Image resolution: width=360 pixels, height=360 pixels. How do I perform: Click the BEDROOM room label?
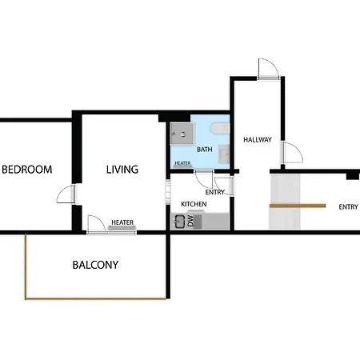point(27,170)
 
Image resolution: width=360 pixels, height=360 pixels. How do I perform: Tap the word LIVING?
point(122,170)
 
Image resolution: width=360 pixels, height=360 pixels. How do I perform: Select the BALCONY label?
point(95,265)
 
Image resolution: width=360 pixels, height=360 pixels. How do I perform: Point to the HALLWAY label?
point(258,139)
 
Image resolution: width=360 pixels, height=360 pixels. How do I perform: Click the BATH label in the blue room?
point(205,150)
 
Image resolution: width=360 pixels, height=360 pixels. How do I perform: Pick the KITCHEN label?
point(194,204)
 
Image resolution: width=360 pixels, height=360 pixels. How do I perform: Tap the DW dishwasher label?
point(190,221)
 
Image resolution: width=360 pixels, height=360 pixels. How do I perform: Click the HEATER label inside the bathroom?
point(182,163)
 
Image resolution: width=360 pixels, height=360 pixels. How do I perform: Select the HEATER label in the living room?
point(122,222)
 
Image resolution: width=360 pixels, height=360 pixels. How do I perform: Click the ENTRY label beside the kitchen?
point(215,192)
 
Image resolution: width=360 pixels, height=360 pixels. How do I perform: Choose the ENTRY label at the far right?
point(348,207)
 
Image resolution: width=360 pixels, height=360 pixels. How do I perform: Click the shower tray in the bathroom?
point(182,134)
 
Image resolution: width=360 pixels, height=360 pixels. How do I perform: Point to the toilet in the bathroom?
point(220,129)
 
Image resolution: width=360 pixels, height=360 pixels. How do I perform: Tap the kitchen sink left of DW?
point(180,222)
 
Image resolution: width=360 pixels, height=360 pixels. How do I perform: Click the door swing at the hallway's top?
point(269,69)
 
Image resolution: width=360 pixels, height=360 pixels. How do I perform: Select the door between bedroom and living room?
point(66,194)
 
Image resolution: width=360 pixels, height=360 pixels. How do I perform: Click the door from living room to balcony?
point(97,224)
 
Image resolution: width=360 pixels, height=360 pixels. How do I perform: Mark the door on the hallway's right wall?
point(292,153)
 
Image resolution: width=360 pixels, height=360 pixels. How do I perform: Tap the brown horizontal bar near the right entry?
point(298,206)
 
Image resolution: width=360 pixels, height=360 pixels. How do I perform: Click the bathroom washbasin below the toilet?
point(224,154)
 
